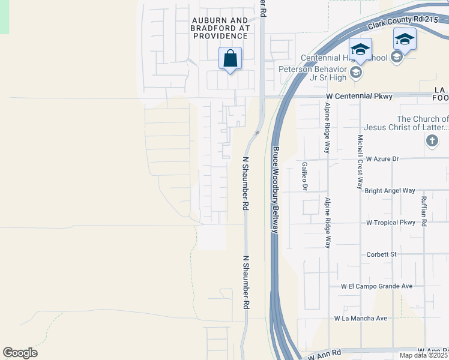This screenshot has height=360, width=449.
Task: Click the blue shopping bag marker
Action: [x=230, y=59]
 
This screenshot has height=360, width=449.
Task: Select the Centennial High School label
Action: [x=343, y=58]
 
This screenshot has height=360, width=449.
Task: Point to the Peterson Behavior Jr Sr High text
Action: [x=313, y=73]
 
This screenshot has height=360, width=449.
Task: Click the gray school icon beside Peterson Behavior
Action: [x=355, y=73]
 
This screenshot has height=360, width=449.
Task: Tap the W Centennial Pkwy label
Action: [x=359, y=96]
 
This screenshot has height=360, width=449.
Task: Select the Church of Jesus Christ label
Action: [x=422, y=123]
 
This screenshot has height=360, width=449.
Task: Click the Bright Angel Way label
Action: [x=390, y=190]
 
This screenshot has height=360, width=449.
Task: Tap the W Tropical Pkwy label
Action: [x=391, y=223]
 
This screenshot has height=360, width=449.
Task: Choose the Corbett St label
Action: [x=382, y=254]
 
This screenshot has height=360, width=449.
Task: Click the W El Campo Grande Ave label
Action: [x=377, y=286]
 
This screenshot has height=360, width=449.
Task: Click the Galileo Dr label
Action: [x=305, y=175]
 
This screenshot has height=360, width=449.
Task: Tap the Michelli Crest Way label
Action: [x=360, y=161]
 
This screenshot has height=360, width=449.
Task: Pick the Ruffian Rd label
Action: [x=423, y=211]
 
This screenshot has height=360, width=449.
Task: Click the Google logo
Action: [x=20, y=353]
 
